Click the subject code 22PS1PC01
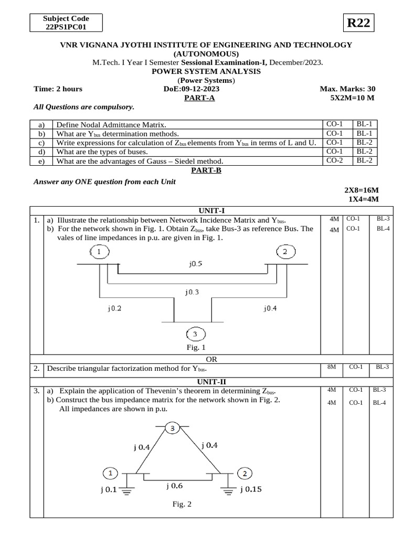click(66, 27)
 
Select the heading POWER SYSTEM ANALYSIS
click(206, 71)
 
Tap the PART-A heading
click(199, 98)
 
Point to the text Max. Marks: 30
click(347, 89)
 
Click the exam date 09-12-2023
click(200, 89)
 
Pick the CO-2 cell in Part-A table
click(334, 160)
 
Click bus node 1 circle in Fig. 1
click(99, 253)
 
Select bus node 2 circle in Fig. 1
click(285, 252)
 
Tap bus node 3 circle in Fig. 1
click(195, 334)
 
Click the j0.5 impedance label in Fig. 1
click(195, 265)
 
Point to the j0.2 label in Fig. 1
click(114, 308)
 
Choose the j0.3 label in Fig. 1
click(192, 292)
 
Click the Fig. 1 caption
click(195, 347)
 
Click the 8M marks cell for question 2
click(331, 367)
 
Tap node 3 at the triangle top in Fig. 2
click(173, 428)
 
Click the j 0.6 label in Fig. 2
click(175, 486)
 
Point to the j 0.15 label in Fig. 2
click(251, 489)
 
